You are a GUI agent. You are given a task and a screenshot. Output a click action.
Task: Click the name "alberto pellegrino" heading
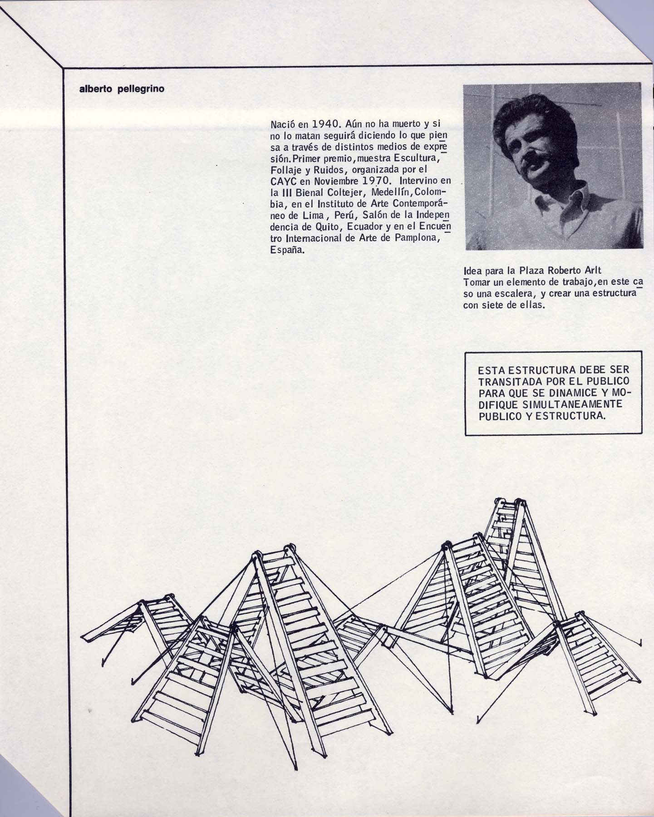coord(122,89)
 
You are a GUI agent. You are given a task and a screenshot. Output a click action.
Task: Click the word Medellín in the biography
coord(387,192)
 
